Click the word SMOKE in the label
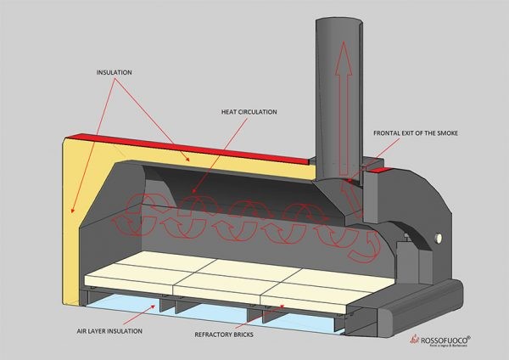pyautogui.click(x=463, y=133)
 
